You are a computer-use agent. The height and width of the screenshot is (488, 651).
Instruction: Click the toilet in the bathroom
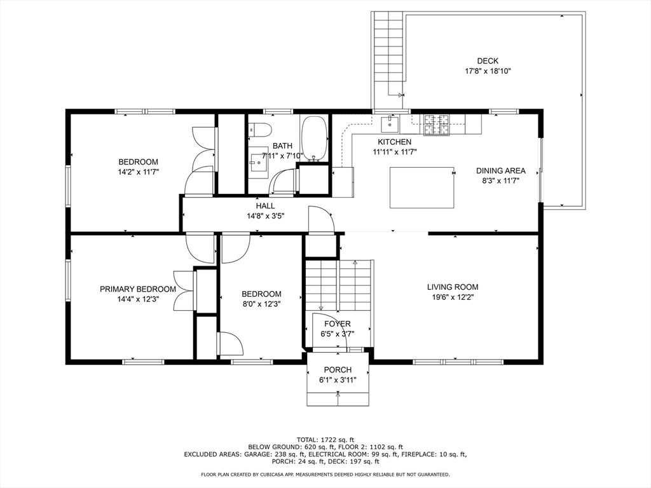260,130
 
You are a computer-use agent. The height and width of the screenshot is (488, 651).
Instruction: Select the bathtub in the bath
314,138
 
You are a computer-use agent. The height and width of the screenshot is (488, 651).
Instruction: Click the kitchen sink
390,123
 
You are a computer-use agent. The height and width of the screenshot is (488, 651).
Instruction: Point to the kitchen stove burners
436,125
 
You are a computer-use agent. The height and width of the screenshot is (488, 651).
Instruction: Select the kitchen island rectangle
422,187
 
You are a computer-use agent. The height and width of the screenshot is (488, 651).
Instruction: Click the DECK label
488,61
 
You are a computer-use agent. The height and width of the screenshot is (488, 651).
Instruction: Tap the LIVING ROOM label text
453,287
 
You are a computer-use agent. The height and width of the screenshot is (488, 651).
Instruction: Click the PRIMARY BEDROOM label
138,289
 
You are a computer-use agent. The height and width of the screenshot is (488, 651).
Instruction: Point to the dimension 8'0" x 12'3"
261,304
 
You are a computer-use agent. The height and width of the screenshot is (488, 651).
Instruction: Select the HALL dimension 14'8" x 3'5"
265,216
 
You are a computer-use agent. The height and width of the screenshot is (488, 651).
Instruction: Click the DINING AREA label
501,170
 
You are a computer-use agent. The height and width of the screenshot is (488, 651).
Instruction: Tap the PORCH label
338,370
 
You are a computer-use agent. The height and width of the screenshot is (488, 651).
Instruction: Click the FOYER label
337,323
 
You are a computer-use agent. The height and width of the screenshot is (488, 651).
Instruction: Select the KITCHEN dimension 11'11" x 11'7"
394,152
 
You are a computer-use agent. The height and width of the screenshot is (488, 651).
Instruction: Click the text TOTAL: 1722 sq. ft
325,440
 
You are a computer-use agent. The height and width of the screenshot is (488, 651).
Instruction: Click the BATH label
282,146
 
